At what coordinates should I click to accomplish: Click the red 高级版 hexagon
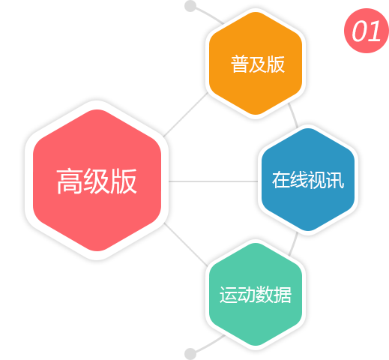[97, 180]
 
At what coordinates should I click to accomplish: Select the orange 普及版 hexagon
[256, 63]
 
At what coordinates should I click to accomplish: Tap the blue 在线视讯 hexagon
[308, 179]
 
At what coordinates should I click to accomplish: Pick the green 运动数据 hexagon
[256, 294]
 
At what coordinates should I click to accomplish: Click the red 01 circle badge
[367, 31]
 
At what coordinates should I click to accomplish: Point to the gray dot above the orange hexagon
[190, 6]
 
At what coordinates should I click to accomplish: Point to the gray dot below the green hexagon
[190, 354]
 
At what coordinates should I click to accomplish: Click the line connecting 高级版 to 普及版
[186, 115]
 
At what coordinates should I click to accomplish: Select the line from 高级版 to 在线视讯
[214, 181]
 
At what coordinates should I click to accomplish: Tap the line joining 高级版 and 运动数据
[186, 244]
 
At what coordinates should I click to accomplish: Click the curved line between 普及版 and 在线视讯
[294, 115]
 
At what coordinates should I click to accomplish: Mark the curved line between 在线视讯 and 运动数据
[294, 244]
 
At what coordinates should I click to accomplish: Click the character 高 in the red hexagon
[70, 181]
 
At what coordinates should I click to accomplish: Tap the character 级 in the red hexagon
[97, 181]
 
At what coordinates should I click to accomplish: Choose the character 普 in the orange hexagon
[240, 64]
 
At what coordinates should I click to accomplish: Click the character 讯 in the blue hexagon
[335, 180]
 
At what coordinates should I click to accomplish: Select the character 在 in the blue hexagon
[281, 180]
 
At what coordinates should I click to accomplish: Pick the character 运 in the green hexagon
[229, 295]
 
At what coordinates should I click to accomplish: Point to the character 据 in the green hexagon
[283, 295]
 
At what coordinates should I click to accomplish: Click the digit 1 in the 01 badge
[374, 31]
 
